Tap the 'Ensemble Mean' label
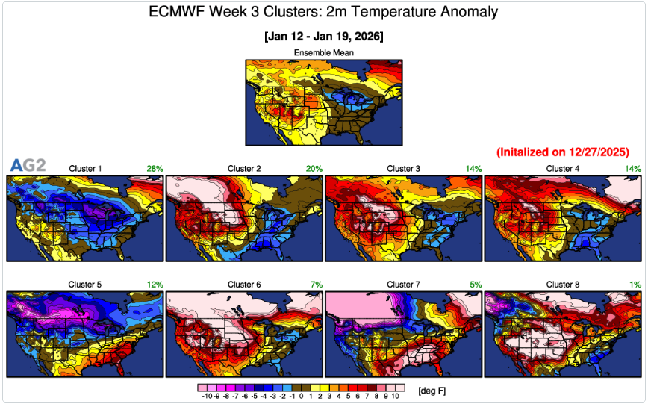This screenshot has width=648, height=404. click(x=323, y=52)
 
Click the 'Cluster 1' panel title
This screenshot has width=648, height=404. click(x=85, y=169)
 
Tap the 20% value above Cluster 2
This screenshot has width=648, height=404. click(x=314, y=169)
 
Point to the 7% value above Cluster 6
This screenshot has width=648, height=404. click(x=316, y=285)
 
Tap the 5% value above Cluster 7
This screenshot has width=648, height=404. click(x=476, y=285)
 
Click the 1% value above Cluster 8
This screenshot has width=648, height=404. click(x=635, y=285)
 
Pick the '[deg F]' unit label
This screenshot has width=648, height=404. click(x=432, y=391)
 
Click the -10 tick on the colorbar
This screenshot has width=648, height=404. click(x=204, y=397)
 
